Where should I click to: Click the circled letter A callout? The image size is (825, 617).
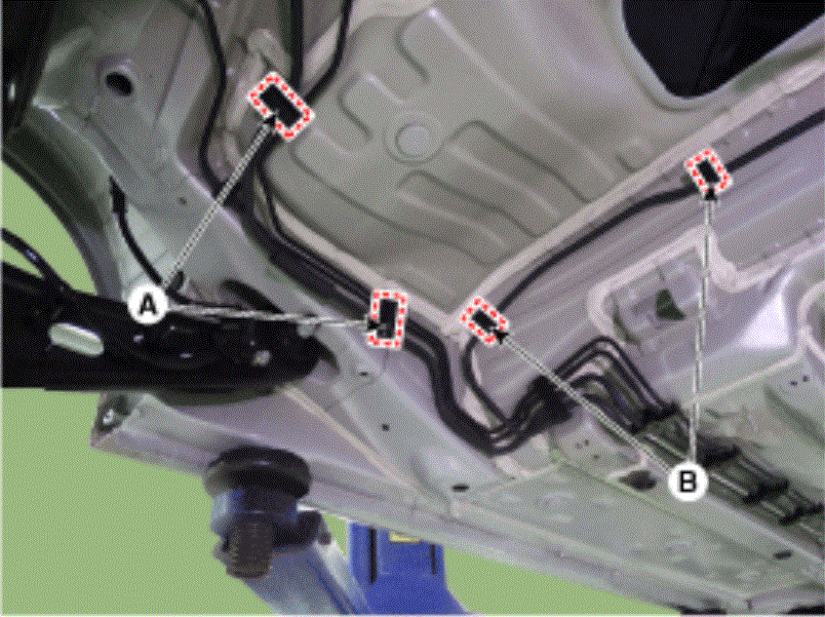(x=148, y=304)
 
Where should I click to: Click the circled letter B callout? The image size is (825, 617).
(x=687, y=481)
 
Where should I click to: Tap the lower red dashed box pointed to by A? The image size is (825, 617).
(x=388, y=319)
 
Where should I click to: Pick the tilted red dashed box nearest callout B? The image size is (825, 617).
(x=485, y=321)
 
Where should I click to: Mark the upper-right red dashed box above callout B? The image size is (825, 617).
(x=708, y=170)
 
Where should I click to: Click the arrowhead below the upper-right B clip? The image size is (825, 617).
(x=711, y=195)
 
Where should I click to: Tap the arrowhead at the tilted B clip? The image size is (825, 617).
(x=501, y=334)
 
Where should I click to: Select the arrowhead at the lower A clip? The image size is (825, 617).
(x=373, y=325)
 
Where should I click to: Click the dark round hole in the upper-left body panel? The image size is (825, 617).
(x=118, y=82)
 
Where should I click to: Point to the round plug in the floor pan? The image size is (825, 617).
(x=414, y=140)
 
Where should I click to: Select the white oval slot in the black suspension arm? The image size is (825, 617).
(x=75, y=336)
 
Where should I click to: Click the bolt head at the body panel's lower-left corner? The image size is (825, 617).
(x=109, y=417)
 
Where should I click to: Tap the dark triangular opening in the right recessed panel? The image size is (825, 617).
(x=666, y=304)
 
